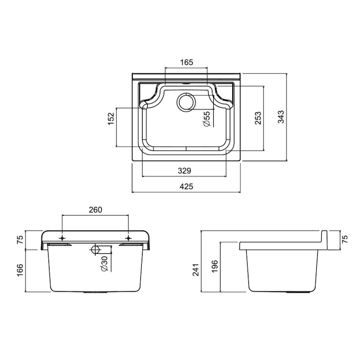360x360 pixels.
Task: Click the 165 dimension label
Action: point(186,62)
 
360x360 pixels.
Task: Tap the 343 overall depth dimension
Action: point(281,117)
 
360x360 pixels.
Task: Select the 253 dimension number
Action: point(258,118)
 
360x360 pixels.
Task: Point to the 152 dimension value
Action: point(111,118)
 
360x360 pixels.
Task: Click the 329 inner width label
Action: point(184,171)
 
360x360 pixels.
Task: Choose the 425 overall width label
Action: point(186,186)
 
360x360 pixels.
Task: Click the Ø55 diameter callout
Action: point(207,119)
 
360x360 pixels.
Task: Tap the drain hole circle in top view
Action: point(186,103)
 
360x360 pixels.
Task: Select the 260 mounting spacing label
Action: point(95,210)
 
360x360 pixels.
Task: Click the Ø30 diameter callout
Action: point(104,264)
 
